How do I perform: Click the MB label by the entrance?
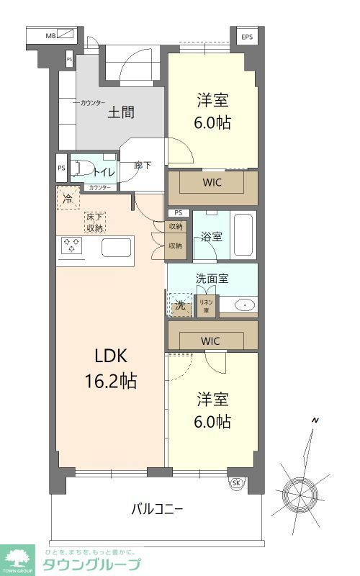[51, 35]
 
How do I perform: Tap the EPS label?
[247, 36]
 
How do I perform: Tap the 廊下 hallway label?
[143, 166]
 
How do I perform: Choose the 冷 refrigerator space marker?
[68, 198]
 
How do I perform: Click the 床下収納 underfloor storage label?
[94, 222]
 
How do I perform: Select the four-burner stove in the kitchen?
[73, 246]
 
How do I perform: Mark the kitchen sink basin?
[115, 247]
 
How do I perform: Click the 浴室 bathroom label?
[212, 235]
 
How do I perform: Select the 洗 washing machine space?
[180, 305]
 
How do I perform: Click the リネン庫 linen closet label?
[206, 306]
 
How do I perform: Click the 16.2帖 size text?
[109, 379]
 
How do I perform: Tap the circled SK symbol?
[235, 483]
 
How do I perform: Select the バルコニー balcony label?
[156, 509]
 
